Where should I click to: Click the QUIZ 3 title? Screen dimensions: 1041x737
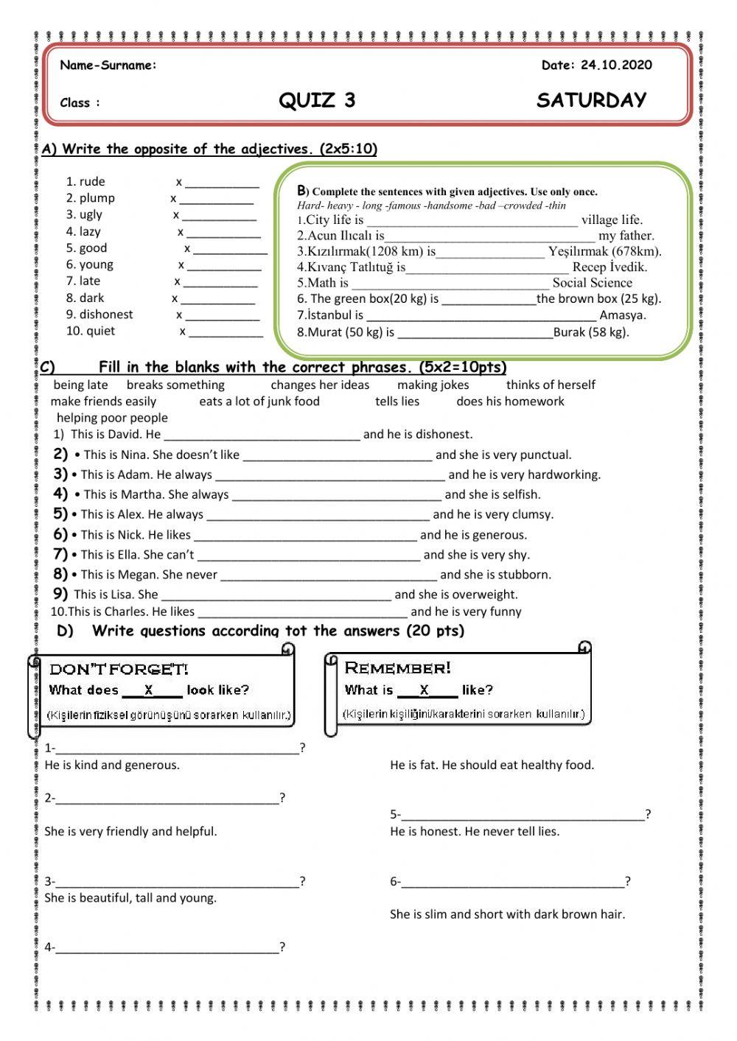(317, 100)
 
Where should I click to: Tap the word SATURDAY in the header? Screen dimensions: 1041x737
(591, 100)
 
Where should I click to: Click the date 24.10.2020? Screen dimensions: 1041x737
(616, 65)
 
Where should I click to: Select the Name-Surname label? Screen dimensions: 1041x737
(108, 65)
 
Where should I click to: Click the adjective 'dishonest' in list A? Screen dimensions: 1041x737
(106, 315)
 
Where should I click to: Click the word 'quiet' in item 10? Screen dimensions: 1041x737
(100, 331)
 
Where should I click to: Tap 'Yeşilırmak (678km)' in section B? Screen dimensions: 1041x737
(604, 251)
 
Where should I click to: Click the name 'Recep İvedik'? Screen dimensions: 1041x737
(609, 267)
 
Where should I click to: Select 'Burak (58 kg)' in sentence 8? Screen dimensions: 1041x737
(591, 332)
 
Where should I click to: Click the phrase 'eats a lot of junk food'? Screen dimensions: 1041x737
(259, 402)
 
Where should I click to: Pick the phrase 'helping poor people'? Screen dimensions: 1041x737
(112, 418)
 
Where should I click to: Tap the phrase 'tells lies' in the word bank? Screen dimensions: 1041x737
(397, 402)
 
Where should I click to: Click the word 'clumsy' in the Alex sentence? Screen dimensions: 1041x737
(530, 514)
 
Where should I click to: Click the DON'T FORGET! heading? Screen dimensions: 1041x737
(119, 669)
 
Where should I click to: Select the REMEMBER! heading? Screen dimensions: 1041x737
(397, 668)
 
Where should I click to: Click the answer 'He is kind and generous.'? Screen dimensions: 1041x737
(112, 765)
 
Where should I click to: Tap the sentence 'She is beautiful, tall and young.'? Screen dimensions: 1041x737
(130, 897)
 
